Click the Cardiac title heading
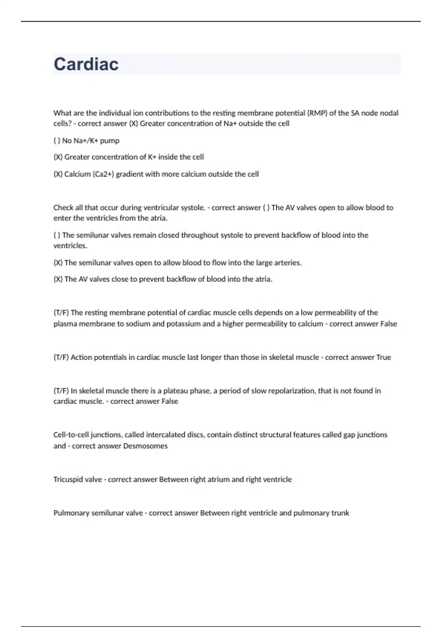(x=86, y=64)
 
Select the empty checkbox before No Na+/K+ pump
(x=57, y=141)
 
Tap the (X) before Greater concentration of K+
(x=58, y=157)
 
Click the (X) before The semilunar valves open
(x=58, y=263)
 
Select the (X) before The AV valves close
(x=58, y=279)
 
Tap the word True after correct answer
(x=383, y=357)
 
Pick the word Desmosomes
(x=145, y=446)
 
